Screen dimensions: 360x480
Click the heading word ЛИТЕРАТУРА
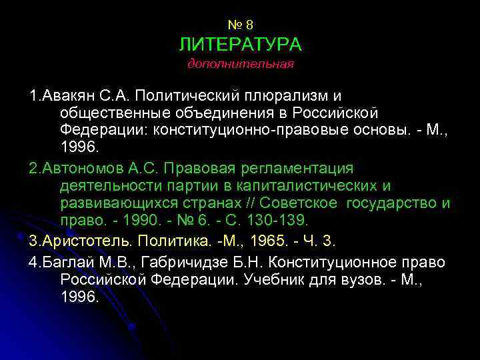pos(240,45)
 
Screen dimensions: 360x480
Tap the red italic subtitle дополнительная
pos(240,65)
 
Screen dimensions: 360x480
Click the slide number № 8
pos(240,25)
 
